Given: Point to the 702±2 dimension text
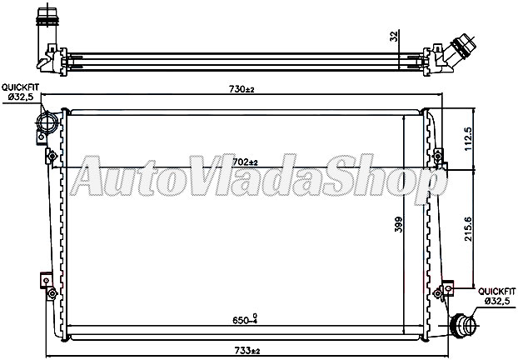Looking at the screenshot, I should click(x=243, y=162).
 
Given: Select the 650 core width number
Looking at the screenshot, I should click(x=238, y=318).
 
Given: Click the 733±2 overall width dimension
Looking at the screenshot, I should click(x=243, y=349).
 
